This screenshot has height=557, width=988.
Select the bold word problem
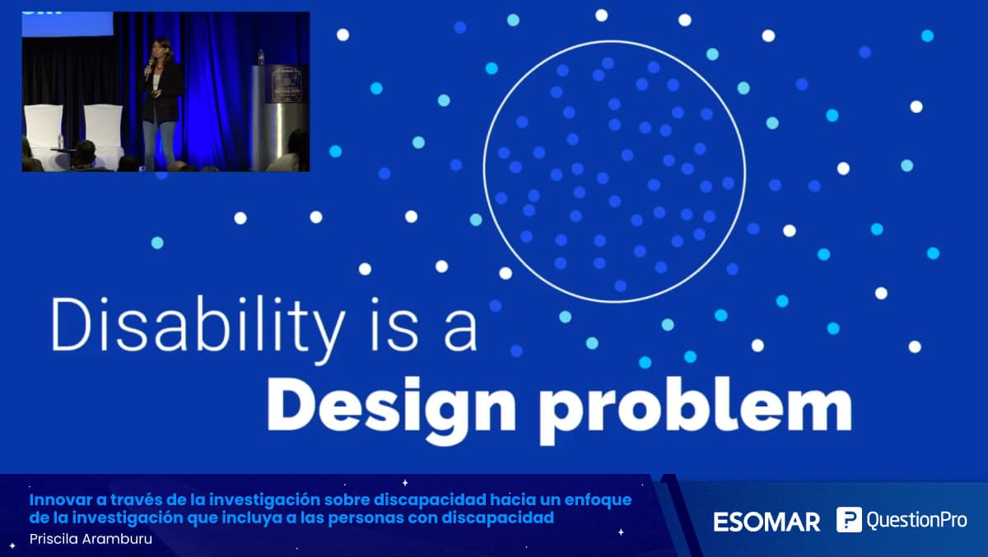(697, 411)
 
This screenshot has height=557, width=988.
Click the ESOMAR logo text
(767, 522)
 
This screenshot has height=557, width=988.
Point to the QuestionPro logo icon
(849, 519)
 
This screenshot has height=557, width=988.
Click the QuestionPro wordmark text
(916, 520)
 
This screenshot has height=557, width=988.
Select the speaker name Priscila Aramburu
(91, 539)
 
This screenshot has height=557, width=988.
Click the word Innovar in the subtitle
(60, 499)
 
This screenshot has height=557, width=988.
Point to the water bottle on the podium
(261, 58)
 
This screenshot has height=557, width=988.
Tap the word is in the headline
(394, 325)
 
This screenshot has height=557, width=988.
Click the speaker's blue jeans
(159, 142)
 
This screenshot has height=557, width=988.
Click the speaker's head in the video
(160, 49)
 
